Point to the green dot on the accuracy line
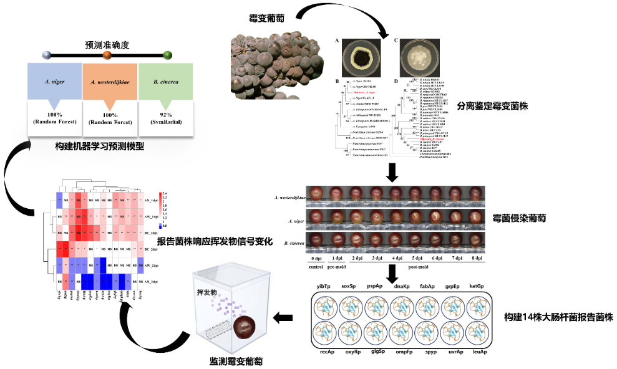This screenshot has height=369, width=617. (167, 55)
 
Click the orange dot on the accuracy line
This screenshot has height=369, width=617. (107, 55)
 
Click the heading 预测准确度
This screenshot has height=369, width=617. (107, 45)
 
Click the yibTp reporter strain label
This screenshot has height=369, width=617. (324, 285)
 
